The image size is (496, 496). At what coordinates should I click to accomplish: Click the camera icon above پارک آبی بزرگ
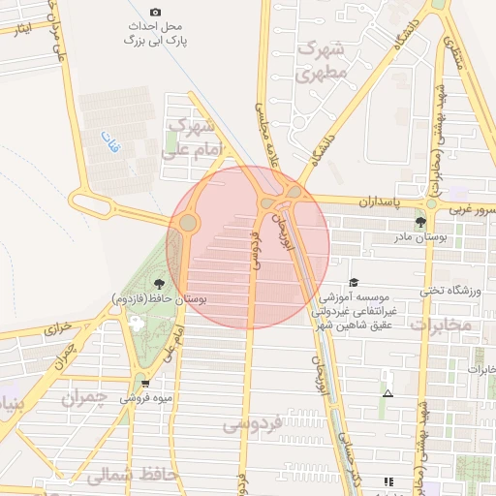157,12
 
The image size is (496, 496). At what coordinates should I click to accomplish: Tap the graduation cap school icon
352,280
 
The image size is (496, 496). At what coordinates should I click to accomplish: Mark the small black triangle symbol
388,393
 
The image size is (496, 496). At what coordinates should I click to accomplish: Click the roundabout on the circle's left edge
187,224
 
